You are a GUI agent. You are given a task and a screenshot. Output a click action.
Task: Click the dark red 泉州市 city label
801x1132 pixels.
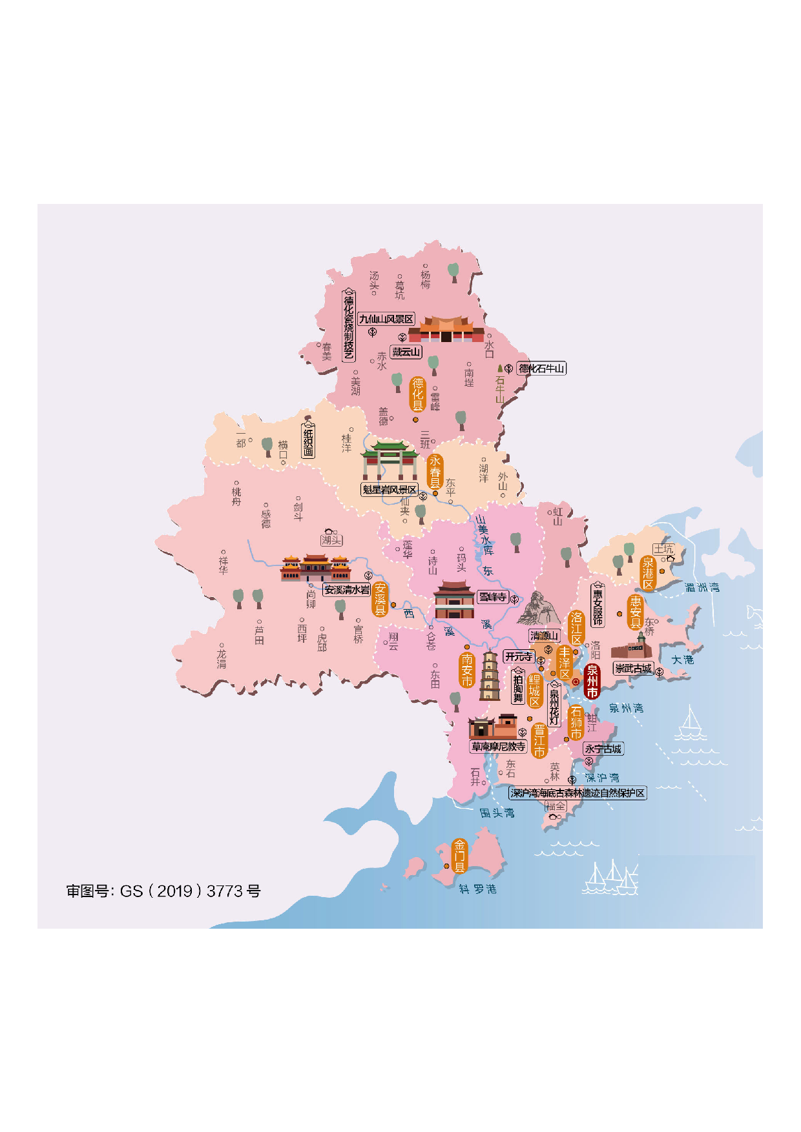592,682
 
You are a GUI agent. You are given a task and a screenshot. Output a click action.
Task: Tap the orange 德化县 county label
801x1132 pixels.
418,394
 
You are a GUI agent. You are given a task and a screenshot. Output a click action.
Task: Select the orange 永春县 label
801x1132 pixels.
435,471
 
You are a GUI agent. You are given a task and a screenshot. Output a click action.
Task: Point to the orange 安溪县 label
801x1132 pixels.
380,599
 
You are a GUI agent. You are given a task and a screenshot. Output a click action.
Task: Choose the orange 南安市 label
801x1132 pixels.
467,670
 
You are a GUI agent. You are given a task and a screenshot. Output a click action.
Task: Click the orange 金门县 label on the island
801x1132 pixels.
459,856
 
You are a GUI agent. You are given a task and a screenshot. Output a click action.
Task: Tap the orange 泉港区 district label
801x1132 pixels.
648,573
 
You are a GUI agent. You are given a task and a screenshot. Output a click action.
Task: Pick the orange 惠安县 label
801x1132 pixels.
635,612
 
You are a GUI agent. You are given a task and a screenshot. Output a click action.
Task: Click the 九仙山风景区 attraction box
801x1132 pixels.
386,319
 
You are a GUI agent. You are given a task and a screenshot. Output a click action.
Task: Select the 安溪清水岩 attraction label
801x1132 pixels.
347,589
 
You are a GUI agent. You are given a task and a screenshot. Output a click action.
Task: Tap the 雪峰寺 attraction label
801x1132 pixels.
492,597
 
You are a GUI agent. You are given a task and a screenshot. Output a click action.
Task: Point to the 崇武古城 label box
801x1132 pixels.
633,669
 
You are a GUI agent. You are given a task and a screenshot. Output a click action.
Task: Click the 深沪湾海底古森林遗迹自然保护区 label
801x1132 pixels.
577,793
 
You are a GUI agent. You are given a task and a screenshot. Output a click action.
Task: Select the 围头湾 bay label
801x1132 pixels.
497,813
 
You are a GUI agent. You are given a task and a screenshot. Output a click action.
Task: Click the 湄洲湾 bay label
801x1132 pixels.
702,587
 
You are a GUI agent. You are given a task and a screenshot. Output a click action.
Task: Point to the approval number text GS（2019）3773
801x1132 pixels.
163,891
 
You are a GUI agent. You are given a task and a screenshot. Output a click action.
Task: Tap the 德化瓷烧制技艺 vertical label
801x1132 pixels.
349,327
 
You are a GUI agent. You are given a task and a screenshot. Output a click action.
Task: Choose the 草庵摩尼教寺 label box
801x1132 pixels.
498,747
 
